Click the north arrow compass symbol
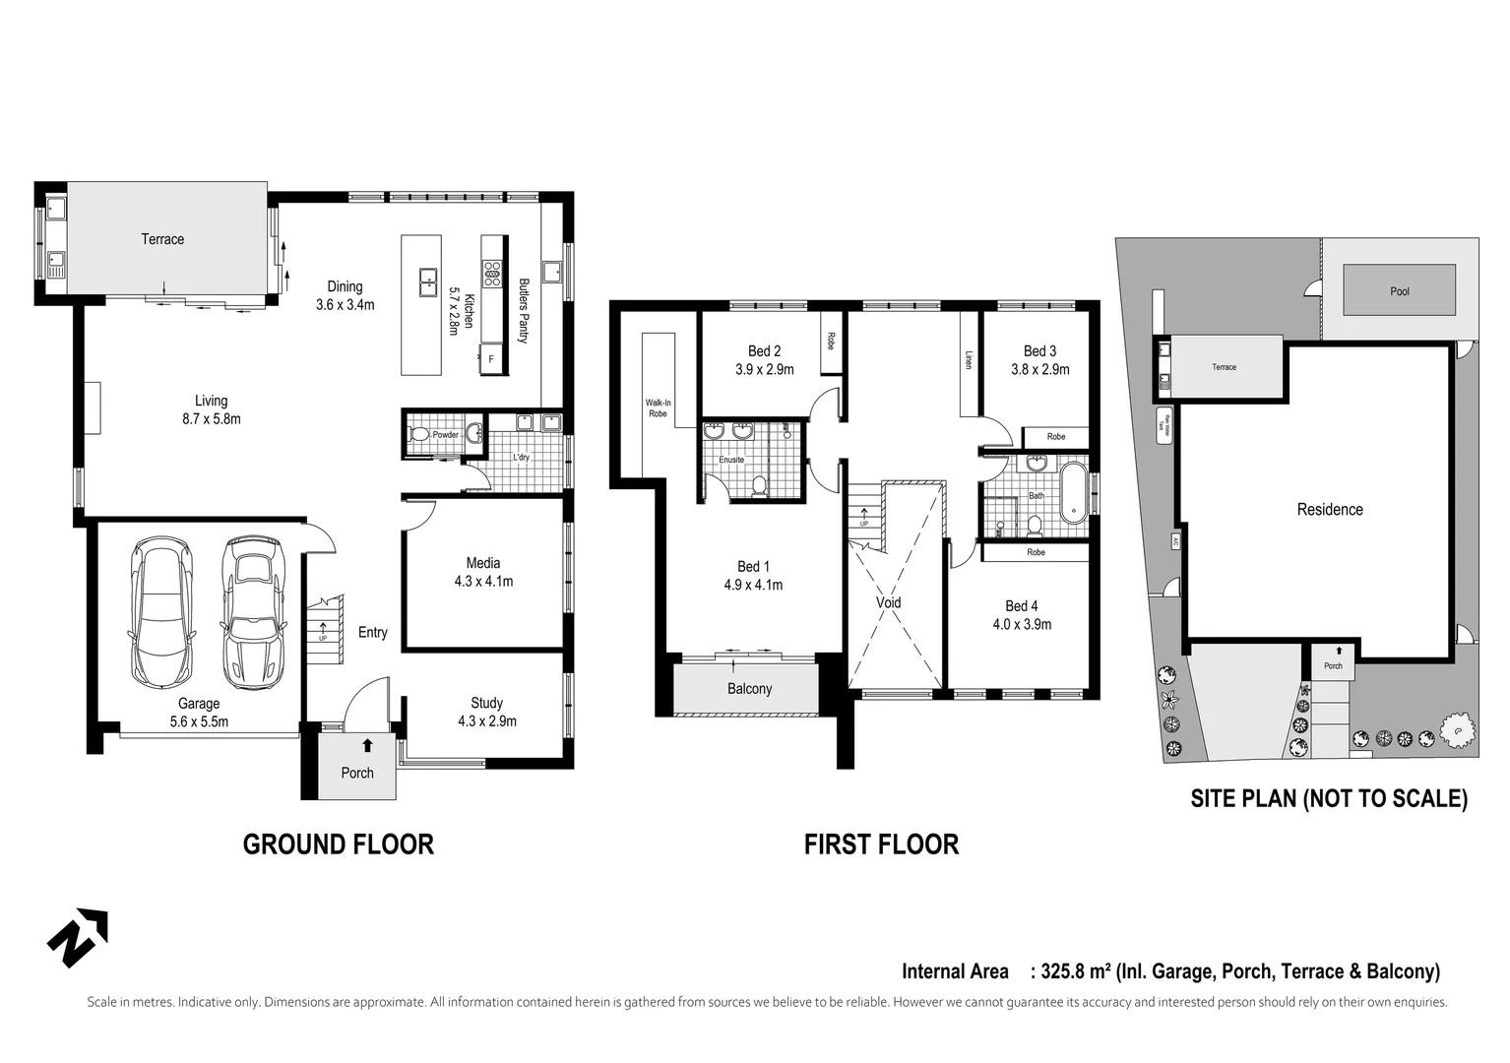tap(78, 937)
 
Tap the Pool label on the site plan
tap(1400, 291)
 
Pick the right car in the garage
tap(252, 611)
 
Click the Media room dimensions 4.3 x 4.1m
tap(483, 582)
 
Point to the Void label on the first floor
tap(888, 603)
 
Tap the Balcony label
tap(749, 689)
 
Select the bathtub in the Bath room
tap(1071, 492)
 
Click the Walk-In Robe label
tap(658, 407)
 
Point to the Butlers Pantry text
tap(524, 311)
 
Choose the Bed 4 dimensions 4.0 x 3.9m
tap(1022, 624)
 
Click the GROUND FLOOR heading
tap(338, 844)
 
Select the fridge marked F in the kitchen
tap(491, 359)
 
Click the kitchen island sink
tap(429, 281)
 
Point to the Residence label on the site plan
tap(1329, 510)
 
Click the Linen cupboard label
tap(969, 360)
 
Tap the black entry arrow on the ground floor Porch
tap(367, 745)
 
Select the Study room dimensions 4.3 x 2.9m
tap(486, 721)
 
